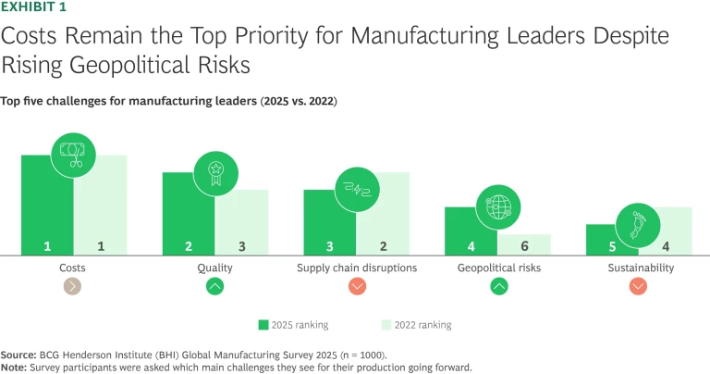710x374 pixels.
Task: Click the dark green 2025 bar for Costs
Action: click(x=46, y=208)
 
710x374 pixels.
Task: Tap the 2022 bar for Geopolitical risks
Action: click(x=524, y=244)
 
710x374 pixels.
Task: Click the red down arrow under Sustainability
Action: click(x=639, y=287)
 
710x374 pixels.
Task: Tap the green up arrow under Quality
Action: click(x=215, y=287)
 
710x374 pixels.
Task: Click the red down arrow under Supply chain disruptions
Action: click(x=357, y=287)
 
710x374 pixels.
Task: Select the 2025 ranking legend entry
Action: click(x=294, y=325)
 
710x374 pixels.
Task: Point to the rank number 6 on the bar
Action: click(x=524, y=246)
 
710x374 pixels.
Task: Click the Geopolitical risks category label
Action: click(x=498, y=268)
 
